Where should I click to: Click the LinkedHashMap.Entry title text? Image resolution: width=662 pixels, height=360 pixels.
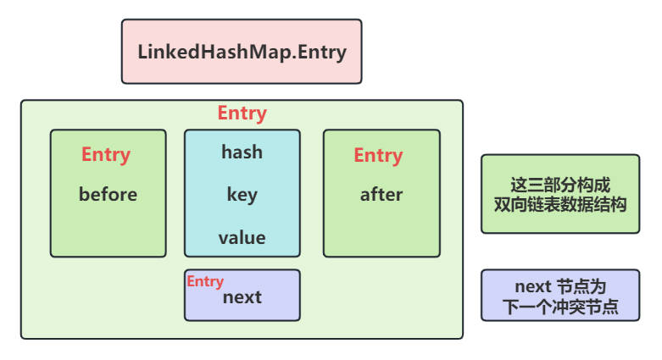pos(242,51)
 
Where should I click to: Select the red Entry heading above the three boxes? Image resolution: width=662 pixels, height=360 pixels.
pos(242,114)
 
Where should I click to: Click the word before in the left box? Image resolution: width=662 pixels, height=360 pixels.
pos(108,194)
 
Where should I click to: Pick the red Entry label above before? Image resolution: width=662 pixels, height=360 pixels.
pos(106,155)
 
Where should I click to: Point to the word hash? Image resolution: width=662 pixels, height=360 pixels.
pos(242,152)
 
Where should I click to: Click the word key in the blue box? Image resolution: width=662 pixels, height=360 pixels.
pos(242,194)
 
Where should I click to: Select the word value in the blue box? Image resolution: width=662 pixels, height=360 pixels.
pos(242,237)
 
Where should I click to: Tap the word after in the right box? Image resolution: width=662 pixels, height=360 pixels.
pos(381,194)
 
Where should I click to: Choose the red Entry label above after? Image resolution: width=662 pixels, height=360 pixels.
pos(378,155)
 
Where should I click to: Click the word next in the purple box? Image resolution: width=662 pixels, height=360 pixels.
pos(242,297)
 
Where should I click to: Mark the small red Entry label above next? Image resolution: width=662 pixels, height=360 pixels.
pos(205,281)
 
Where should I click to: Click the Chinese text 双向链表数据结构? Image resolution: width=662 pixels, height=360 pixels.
pos(560,203)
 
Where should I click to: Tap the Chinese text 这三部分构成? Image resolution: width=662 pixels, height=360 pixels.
pos(560,184)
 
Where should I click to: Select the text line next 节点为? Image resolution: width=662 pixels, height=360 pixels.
pos(560,285)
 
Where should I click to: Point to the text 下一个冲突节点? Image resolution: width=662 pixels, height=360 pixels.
pos(560,306)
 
